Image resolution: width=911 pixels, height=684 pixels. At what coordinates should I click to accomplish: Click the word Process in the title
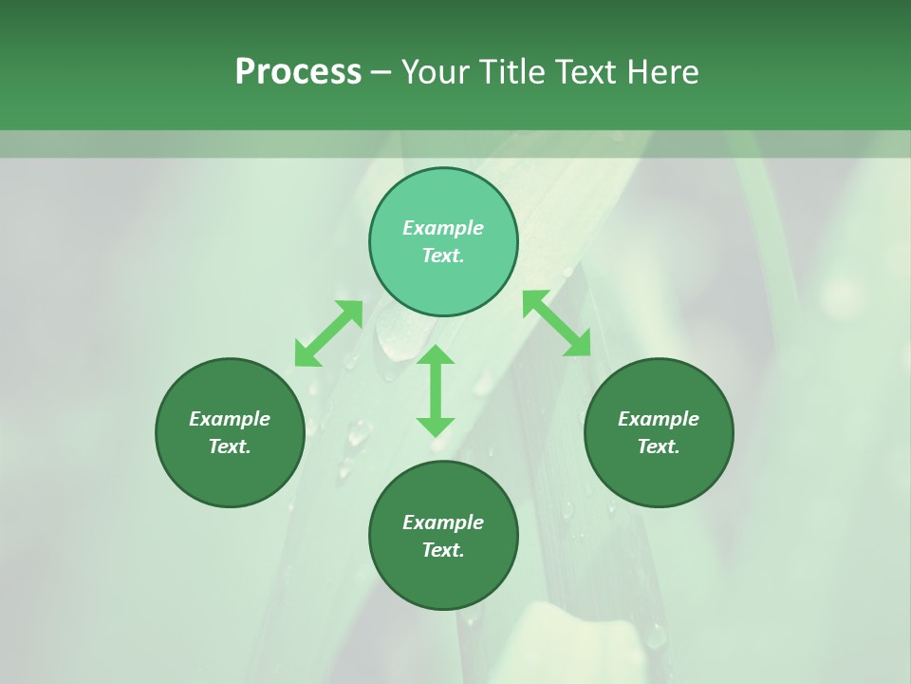tap(298, 72)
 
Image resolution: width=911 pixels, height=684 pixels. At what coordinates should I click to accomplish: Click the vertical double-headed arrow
tap(436, 390)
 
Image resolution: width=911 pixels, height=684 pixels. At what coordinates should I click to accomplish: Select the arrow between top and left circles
tap(328, 333)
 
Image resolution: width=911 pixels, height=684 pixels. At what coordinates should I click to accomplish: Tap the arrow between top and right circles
tap(557, 323)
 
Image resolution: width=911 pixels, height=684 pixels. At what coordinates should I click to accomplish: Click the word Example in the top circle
tap(443, 228)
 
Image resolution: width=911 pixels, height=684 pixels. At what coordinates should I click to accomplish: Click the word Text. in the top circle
tap(443, 256)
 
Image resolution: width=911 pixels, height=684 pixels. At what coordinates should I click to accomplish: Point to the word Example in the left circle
tap(230, 419)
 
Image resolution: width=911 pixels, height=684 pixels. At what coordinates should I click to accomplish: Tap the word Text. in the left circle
tap(230, 446)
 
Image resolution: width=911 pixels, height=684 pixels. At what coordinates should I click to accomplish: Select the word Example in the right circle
tap(659, 419)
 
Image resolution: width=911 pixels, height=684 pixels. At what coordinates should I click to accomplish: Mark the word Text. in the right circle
tap(659, 446)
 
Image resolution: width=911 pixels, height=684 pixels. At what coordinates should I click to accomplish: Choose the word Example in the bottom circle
tap(443, 522)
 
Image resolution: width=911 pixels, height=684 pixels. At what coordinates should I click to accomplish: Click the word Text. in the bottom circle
tap(443, 550)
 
